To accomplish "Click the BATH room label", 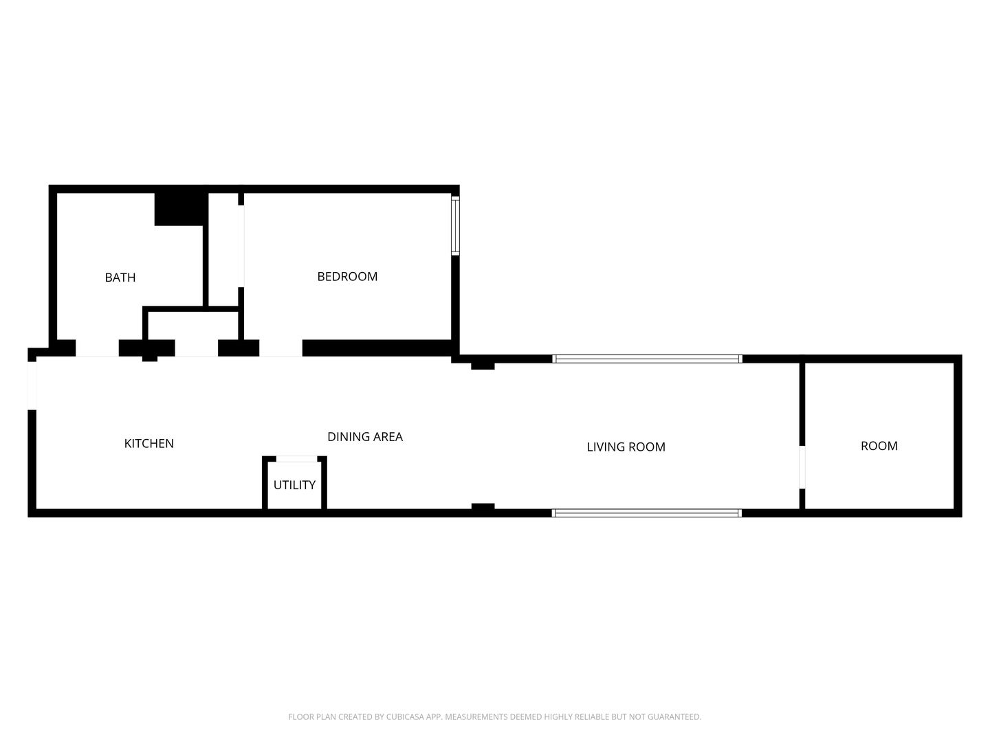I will click(x=120, y=278).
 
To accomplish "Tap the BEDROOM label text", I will click(x=347, y=276).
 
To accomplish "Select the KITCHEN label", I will click(x=148, y=443).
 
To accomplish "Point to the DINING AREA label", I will click(x=364, y=436).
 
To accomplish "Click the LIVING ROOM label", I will click(x=626, y=447).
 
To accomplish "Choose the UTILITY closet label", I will click(x=294, y=484).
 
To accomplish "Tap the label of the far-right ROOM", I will click(x=879, y=446).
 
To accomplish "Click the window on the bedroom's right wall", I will click(x=455, y=226).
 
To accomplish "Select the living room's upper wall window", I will click(x=647, y=359).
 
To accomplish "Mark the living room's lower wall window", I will click(x=647, y=513).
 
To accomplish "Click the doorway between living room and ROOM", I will click(x=802, y=467).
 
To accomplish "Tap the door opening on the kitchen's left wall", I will click(x=32, y=385).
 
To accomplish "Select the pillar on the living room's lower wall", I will click(x=483, y=508).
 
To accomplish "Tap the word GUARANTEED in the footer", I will click(x=674, y=717).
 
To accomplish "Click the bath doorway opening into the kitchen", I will click(x=97, y=348).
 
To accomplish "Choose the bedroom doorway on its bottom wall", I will click(x=280, y=348).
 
